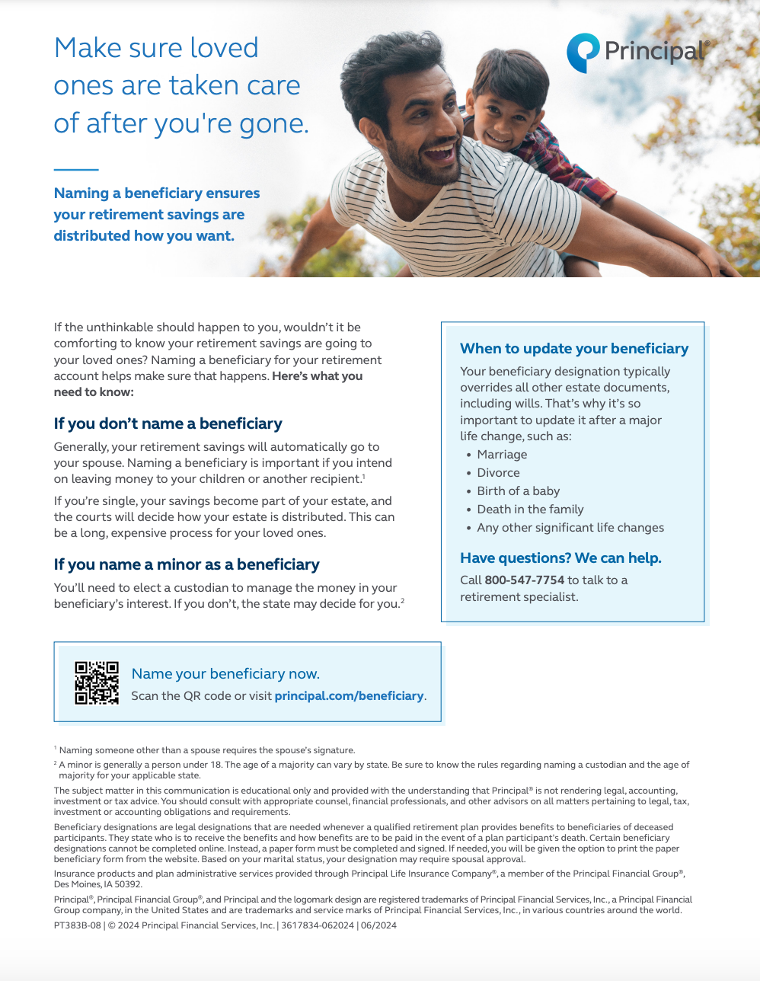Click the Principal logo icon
point(583,53)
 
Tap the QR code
point(97,683)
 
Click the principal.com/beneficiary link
point(349,695)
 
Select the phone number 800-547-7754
point(525,580)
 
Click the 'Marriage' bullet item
point(502,455)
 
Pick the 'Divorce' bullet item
point(498,473)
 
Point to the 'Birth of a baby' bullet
point(518,491)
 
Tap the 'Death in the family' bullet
point(530,510)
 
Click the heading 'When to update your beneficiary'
point(574,349)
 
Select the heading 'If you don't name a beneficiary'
point(168,423)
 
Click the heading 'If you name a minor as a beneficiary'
point(187,564)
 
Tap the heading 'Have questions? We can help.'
point(560,558)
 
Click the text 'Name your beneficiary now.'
point(225,673)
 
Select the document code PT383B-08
point(78,925)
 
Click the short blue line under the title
point(76,169)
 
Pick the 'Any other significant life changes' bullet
point(570,528)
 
